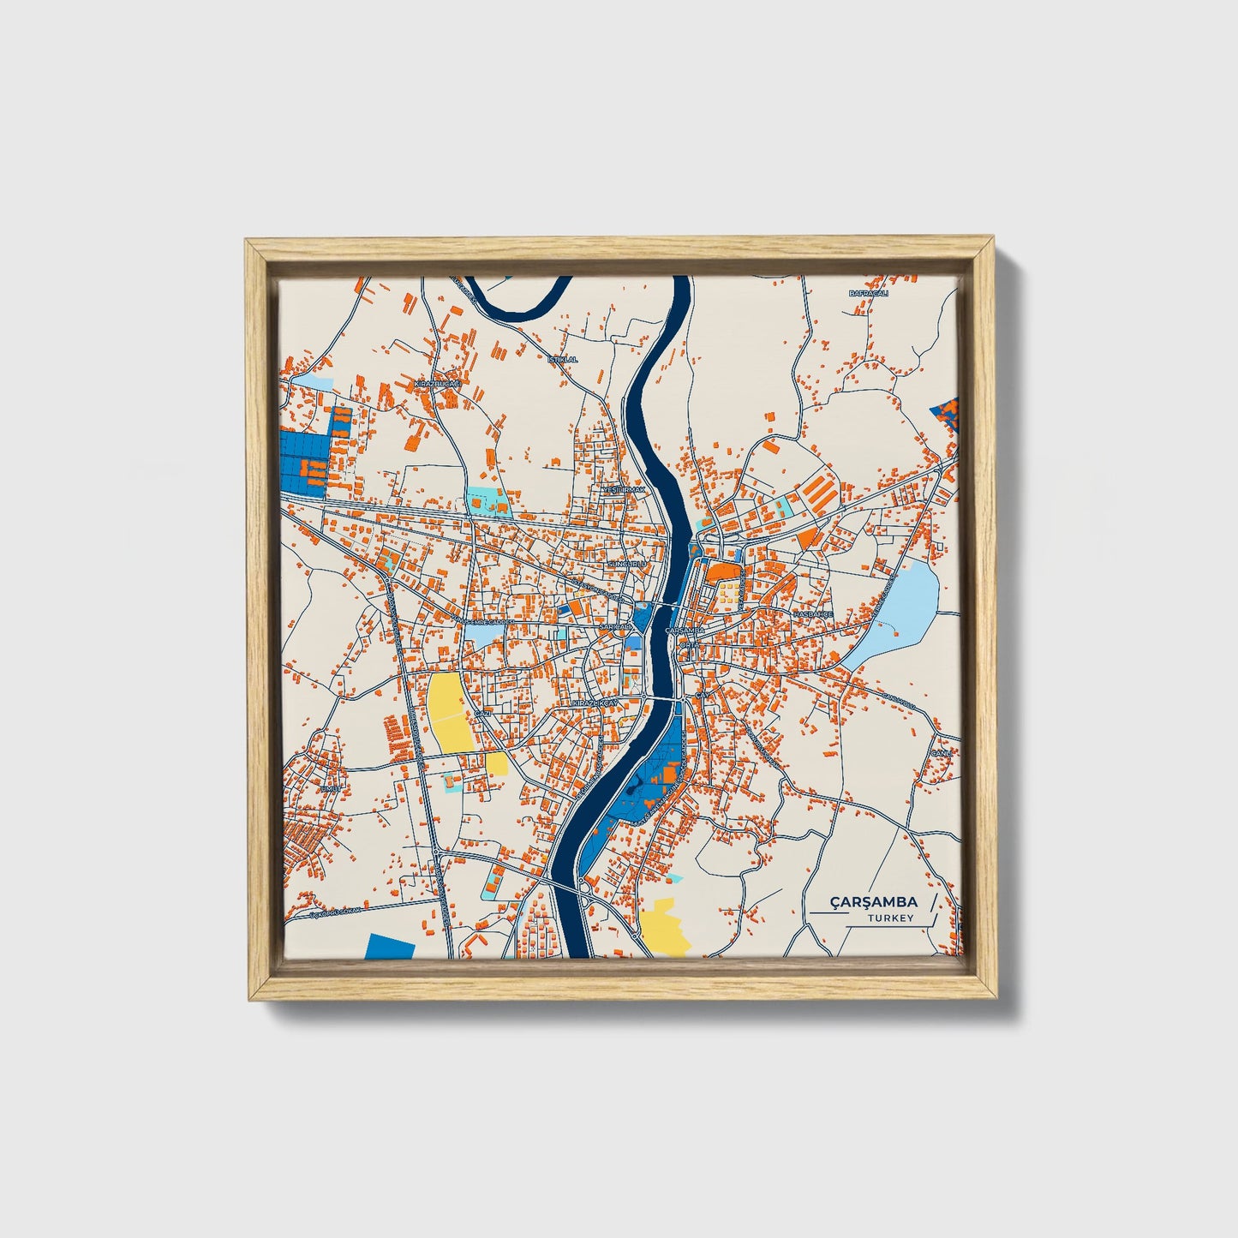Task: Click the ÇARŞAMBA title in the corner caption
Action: coord(873,901)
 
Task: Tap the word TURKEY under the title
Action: coord(890,918)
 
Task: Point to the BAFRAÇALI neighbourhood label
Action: coord(868,294)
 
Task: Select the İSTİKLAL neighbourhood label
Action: coord(563,359)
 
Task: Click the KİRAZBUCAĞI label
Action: coord(438,385)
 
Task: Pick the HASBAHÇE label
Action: coord(812,614)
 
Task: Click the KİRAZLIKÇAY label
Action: coord(595,703)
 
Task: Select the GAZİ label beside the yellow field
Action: coord(481,713)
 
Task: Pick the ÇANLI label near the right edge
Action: coord(942,753)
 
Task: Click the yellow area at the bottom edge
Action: coord(664,927)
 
